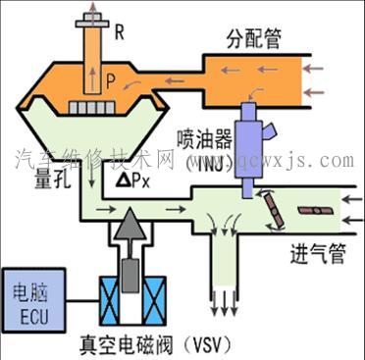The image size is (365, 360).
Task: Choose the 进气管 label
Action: tap(317, 254)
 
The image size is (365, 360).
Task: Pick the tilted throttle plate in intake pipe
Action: tap(271, 209)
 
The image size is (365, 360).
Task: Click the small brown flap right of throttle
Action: tap(313, 208)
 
